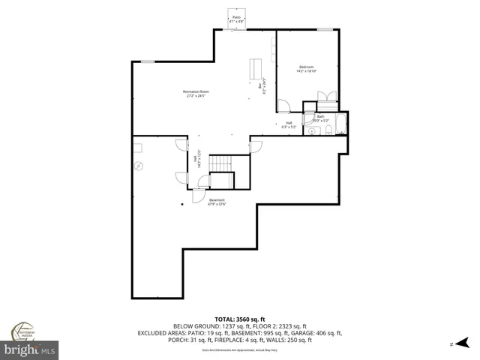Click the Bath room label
[320, 117]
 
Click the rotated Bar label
[261, 86]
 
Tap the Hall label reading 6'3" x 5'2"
[289, 125]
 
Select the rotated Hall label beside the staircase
[196, 160]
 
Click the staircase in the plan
[222, 164]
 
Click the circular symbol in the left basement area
[139, 167]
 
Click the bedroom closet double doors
[324, 96]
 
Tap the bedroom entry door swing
[283, 106]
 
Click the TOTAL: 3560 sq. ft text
[240, 319]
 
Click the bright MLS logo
[28, 349]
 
